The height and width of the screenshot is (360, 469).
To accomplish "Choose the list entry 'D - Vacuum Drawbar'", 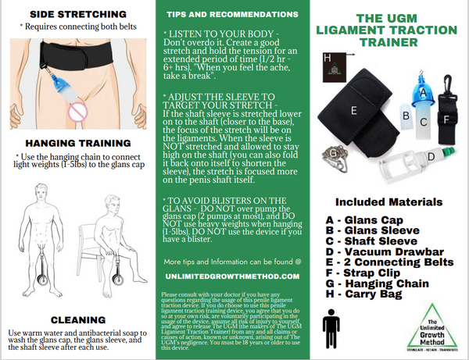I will [x=378, y=252].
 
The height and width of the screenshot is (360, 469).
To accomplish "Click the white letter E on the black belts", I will [x=353, y=112].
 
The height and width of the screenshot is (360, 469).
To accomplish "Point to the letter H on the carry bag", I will [x=328, y=57].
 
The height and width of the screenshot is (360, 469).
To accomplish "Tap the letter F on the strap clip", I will [x=446, y=120].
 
